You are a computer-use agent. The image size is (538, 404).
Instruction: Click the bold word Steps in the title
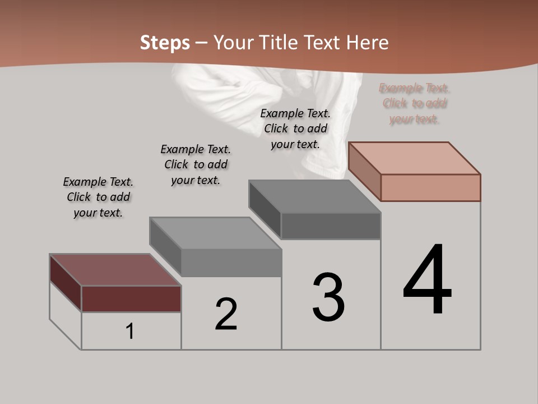point(165,43)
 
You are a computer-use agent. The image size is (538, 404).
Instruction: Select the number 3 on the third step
point(328,297)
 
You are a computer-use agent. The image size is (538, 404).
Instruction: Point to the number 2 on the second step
point(226,314)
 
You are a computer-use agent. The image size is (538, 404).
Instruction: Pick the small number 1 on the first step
point(130,332)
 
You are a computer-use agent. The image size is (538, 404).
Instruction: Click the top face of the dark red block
point(115,270)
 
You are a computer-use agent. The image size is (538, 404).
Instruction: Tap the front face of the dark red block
point(131,299)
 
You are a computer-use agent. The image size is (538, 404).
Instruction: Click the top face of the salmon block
point(415,158)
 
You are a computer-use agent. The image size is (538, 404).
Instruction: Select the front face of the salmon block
point(430,187)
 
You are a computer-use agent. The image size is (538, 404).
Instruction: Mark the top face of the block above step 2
point(215,233)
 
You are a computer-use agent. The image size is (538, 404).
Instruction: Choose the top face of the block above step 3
point(314,196)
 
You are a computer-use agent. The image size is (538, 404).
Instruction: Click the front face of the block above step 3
point(331,226)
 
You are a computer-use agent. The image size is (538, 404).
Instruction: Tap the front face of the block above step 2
point(231,263)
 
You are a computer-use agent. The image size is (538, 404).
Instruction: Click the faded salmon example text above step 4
point(415,103)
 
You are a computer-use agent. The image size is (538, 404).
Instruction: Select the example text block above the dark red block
point(98,197)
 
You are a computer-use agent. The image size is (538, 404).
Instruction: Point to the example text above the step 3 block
point(295,128)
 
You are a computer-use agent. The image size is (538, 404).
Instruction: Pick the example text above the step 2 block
point(196,164)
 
